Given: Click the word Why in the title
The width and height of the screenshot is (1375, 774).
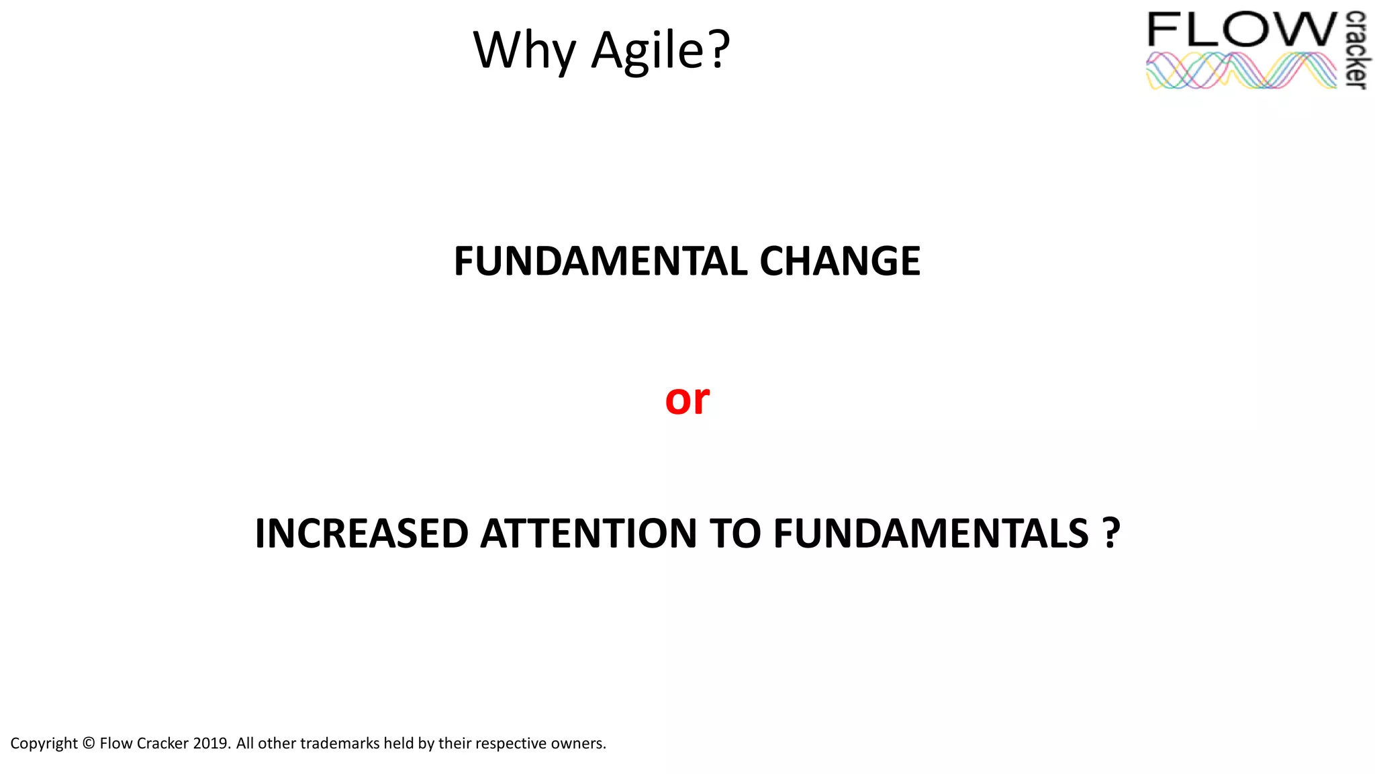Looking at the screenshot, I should tap(524, 51).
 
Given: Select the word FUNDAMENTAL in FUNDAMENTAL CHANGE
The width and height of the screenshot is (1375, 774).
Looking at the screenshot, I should tap(600, 261).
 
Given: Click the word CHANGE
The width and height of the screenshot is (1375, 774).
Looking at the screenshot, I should tap(840, 261).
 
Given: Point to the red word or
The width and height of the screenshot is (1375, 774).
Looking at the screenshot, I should tap(687, 400).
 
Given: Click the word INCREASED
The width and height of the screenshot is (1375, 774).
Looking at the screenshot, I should tap(361, 534).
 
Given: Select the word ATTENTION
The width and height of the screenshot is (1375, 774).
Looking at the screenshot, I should tap(589, 534).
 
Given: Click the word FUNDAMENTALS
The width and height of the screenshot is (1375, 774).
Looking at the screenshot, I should tap(931, 534).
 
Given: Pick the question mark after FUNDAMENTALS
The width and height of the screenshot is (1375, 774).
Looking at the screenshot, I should tap(1111, 534).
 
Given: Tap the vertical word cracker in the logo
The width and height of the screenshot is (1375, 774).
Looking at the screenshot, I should tap(1356, 50).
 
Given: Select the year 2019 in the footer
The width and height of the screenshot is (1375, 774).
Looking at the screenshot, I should tap(211, 744).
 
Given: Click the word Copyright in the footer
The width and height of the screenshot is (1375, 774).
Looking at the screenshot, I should tap(44, 744).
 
